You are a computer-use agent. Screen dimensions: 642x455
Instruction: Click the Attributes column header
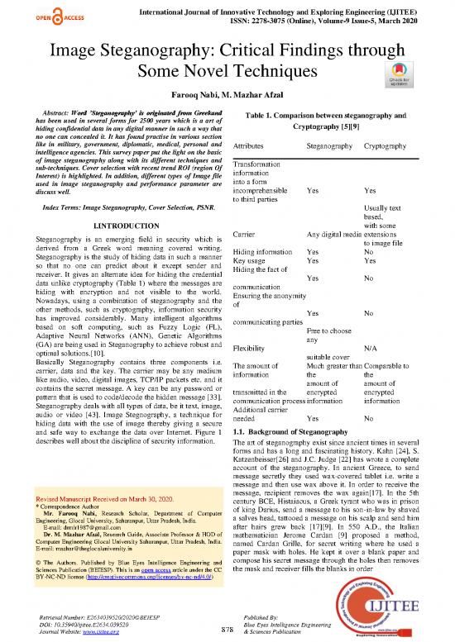255,145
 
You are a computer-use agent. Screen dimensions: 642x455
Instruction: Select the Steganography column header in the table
331,145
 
